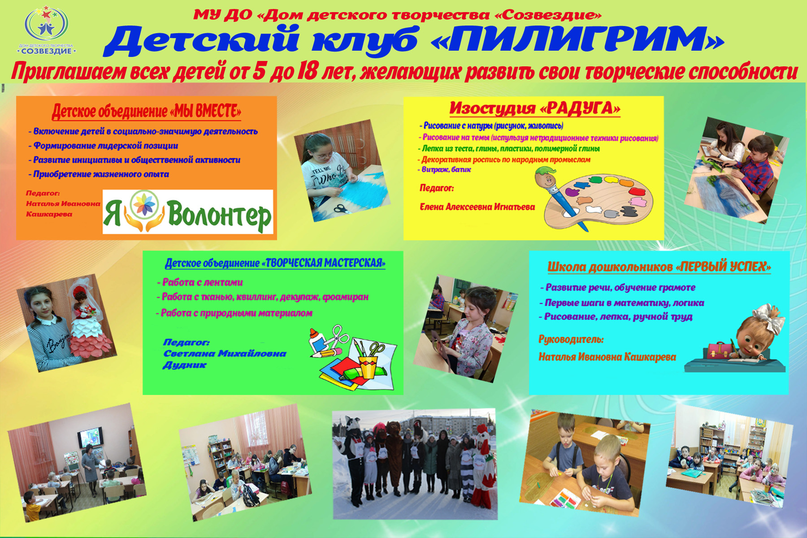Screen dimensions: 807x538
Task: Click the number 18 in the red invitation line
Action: click(x=307, y=72)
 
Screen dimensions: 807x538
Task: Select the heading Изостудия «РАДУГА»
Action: click(x=535, y=108)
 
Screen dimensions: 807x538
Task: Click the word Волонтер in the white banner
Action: click(x=219, y=215)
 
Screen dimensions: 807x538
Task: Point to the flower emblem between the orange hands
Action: click(x=144, y=205)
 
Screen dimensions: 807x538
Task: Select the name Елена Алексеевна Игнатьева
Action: click(x=477, y=207)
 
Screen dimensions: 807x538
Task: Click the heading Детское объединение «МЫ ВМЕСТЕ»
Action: click(x=147, y=111)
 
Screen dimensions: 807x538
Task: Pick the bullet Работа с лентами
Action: click(x=200, y=282)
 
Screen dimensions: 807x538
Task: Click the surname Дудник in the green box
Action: click(x=184, y=365)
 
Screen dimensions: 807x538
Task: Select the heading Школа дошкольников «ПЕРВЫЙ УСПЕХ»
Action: click(x=659, y=267)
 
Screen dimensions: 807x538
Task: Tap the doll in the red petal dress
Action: click(x=90, y=321)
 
